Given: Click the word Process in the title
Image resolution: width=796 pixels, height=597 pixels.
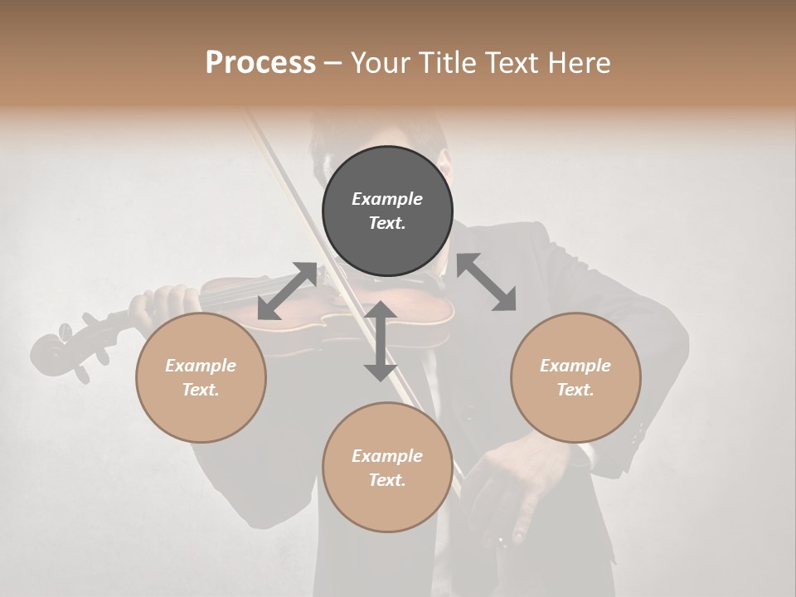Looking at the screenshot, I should pyautogui.click(x=260, y=63).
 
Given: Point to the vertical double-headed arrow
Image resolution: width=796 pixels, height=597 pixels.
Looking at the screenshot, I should pyautogui.click(x=380, y=341).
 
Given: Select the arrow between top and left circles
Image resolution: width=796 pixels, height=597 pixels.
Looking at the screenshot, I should pyautogui.click(x=287, y=290).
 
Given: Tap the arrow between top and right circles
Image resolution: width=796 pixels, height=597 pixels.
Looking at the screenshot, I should pyautogui.click(x=487, y=282).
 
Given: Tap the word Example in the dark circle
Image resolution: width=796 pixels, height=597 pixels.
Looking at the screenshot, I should pyautogui.click(x=387, y=199).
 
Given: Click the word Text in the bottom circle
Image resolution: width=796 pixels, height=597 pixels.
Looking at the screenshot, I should pyautogui.click(x=387, y=480).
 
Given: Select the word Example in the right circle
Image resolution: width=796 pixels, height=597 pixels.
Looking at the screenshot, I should pyautogui.click(x=575, y=366).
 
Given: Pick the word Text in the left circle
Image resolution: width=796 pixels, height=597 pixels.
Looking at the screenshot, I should pyautogui.click(x=201, y=390).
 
